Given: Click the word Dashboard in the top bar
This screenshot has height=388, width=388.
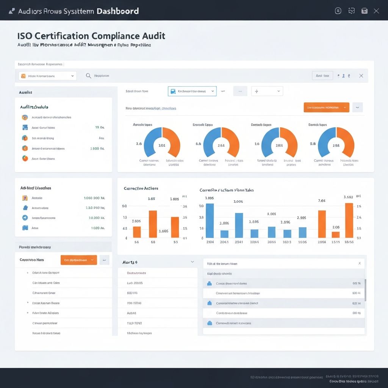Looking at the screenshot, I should (x=117, y=11).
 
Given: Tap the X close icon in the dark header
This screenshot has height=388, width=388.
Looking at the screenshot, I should (x=376, y=11).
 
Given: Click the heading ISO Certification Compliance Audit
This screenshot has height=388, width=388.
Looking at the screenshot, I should (x=91, y=36).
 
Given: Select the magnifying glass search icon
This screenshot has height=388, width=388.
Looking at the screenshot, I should (x=88, y=76).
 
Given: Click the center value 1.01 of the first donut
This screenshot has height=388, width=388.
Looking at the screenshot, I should (x=162, y=145).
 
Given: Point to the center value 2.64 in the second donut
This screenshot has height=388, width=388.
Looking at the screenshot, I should (x=221, y=145).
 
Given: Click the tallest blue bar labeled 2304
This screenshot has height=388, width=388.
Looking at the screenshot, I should (x=210, y=221).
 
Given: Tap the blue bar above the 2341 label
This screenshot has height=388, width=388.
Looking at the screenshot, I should (x=239, y=225).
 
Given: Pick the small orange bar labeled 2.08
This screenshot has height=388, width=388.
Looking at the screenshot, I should (x=336, y=235).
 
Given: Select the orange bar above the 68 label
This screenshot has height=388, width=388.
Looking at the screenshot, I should (x=153, y=224).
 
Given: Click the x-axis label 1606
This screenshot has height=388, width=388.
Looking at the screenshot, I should (x=302, y=242).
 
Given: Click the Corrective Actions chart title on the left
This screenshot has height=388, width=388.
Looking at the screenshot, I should (x=141, y=188).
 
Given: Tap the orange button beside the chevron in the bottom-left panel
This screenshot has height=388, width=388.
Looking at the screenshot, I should (x=78, y=260).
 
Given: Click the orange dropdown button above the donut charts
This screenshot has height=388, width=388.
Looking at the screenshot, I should (x=326, y=107).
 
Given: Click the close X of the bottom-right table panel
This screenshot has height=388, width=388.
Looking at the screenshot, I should (x=360, y=263).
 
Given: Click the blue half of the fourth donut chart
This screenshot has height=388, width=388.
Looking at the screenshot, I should (x=325, y=142).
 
